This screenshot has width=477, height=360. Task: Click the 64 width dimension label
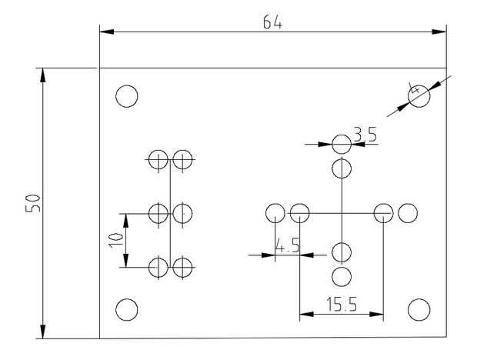(272, 22)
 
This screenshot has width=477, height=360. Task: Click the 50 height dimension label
(33, 203)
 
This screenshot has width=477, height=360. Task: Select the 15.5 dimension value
(342, 305)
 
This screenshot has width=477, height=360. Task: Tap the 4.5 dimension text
(287, 245)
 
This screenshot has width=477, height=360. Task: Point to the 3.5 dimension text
(365, 135)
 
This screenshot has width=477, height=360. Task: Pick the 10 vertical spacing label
(116, 240)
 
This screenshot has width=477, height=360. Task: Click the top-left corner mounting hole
(127, 96)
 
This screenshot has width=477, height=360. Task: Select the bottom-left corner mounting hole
(127, 309)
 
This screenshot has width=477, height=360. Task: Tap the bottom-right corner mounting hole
(419, 309)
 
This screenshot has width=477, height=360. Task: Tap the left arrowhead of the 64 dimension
(107, 32)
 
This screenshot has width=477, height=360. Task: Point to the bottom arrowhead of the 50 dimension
(42, 332)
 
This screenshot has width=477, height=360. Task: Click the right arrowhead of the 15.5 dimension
(376, 314)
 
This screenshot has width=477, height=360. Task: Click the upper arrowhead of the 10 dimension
(126, 221)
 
